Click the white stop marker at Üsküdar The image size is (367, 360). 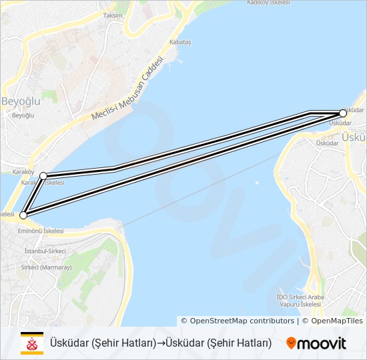[x=343, y=113]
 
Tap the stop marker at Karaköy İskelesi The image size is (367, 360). [x=43, y=176]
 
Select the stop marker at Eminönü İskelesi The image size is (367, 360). [x=23, y=215]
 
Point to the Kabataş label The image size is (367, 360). [x=181, y=42]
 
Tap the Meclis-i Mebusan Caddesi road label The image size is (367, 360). [x=127, y=89]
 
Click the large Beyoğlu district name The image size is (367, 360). [x=21, y=101]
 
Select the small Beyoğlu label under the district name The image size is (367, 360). [x=23, y=115]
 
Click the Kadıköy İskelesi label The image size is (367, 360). [x=268, y=3]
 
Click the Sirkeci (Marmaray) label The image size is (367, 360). [x=46, y=267]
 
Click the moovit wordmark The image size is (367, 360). [x=323, y=343]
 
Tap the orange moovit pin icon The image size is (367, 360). [x=291, y=343]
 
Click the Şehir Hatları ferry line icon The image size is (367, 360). [x=31, y=343]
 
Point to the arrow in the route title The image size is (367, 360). [x=160, y=343]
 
